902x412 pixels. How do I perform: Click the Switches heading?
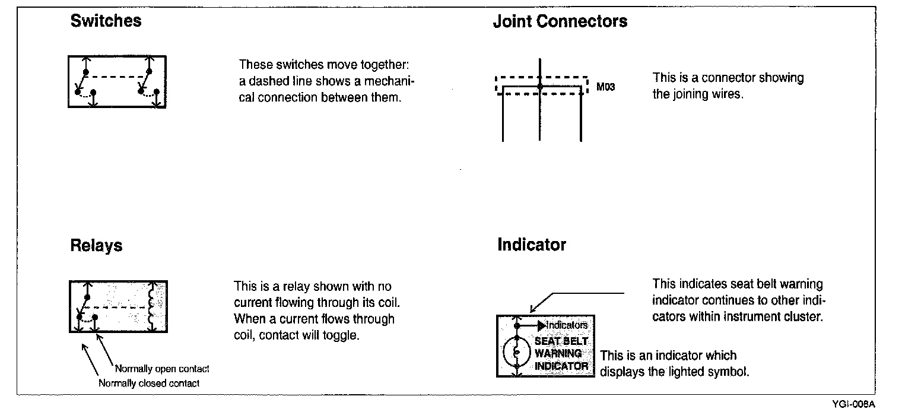click(106, 21)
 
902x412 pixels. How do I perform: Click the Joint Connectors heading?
click(560, 22)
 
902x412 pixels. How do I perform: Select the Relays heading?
click(96, 246)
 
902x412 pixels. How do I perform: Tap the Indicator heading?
click(531, 245)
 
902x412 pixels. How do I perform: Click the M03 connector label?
click(605, 87)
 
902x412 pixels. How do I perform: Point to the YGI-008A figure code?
click(853, 404)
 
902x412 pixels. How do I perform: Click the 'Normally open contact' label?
click(162, 369)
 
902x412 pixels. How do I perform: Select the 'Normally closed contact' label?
click(149, 384)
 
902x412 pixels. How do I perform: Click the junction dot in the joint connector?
click(539, 87)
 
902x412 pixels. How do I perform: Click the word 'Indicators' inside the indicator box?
click(567, 325)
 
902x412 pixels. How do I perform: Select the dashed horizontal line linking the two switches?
click(117, 77)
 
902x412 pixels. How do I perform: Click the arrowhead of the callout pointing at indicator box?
click(532, 310)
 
